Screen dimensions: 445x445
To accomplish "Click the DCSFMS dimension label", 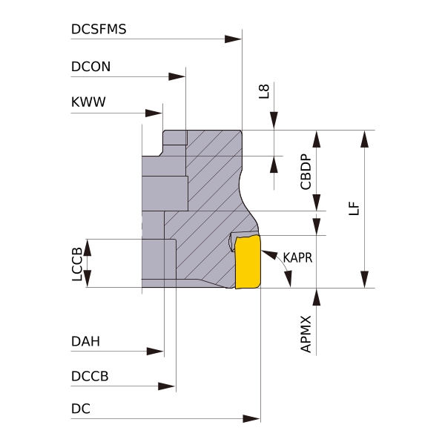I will pyautogui.click(x=99, y=29).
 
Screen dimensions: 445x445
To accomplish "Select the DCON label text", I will pyautogui.click(x=90, y=66).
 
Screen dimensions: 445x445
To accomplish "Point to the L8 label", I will pyautogui.click(x=263, y=91).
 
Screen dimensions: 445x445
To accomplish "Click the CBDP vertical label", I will pyautogui.click(x=305, y=171).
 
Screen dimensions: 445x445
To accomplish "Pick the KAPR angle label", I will pyautogui.click(x=297, y=258).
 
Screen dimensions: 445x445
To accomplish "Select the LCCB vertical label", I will pyautogui.click(x=76, y=263).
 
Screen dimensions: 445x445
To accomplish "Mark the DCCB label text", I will pyautogui.click(x=90, y=376).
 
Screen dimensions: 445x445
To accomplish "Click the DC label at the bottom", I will pyautogui.click(x=81, y=409).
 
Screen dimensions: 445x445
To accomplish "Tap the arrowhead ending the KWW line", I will pyautogui.click(x=154, y=113).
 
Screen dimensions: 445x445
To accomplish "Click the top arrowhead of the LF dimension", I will pyautogui.click(x=364, y=139).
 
